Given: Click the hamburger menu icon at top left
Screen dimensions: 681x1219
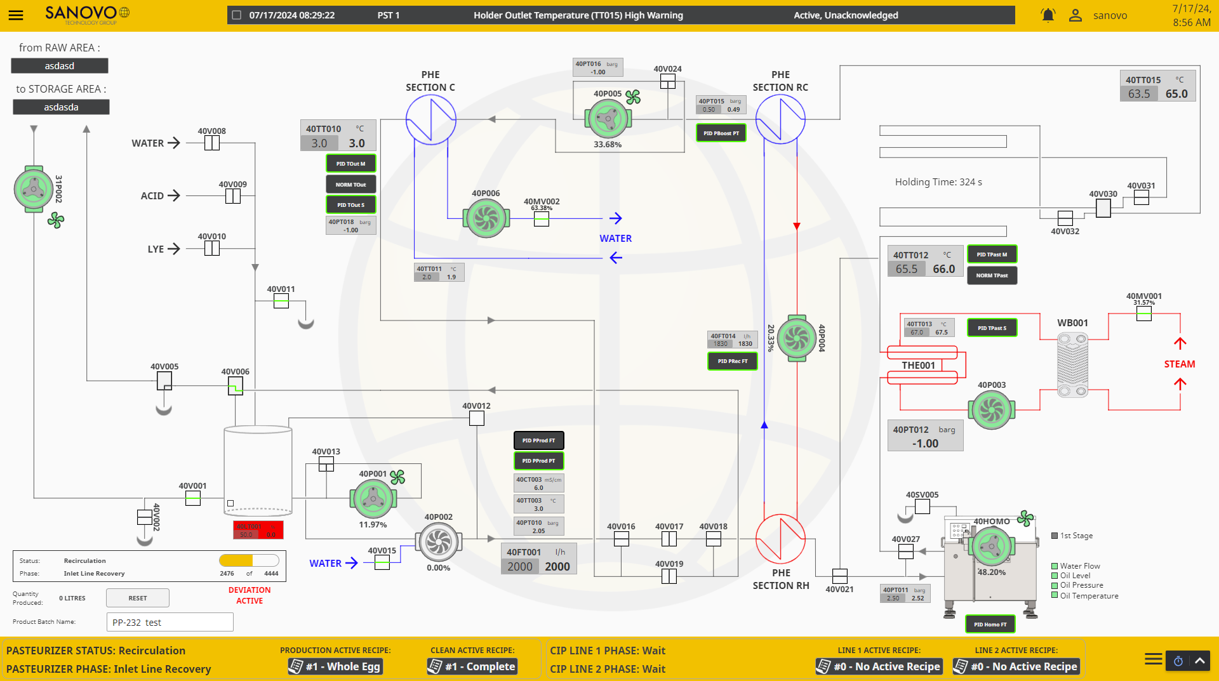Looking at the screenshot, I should [x=16, y=15].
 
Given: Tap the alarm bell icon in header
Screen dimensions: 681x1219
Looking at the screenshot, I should [x=1048, y=15].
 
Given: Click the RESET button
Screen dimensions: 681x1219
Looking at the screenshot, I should [x=137, y=598].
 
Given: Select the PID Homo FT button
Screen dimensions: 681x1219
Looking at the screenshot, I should [x=990, y=625].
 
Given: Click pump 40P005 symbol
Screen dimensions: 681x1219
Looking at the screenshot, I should [x=608, y=119].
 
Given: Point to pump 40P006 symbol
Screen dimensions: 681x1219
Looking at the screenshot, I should [x=486, y=218].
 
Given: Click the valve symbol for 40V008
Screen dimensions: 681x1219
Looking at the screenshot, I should [x=212, y=143].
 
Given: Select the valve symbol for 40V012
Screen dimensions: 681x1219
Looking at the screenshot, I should [x=477, y=418].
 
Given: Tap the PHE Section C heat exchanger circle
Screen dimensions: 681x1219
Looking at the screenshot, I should [x=430, y=119].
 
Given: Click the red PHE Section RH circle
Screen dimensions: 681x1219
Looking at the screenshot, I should [x=780, y=539].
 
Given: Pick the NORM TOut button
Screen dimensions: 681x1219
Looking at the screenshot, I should [x=350, y=185].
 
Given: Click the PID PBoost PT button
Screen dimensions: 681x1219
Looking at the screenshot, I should [x=721, y=133].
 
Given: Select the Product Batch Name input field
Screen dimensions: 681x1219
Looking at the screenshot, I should [x=170, y=623].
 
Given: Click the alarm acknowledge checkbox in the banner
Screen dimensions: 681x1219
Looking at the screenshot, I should [x=237, y=15].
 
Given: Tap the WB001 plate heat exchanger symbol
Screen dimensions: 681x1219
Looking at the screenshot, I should [x=1072, y=365].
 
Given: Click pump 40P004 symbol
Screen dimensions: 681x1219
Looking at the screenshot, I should [x=796, y=338].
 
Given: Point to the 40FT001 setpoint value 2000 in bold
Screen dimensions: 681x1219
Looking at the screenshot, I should [x=557, y=567].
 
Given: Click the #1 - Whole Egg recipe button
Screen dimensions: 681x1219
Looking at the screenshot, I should [x=335, y=666].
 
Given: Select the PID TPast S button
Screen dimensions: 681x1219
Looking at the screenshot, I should [x=992, y=328].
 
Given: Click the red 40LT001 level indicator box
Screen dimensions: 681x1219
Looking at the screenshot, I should [x=258, y=531].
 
